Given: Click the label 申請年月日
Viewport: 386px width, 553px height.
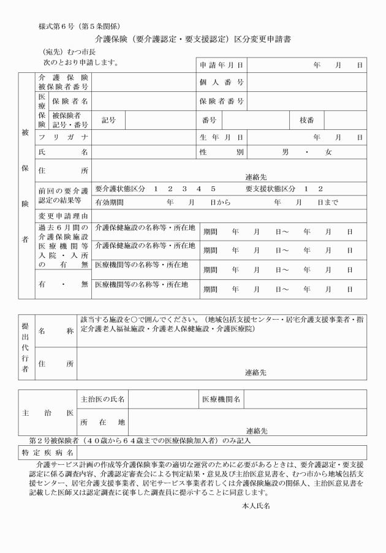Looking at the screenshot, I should click(x=222, y=64).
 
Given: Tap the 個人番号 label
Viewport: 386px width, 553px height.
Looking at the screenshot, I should click(x=222, y=82).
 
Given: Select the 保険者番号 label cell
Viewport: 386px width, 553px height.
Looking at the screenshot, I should click(x=222, y=100).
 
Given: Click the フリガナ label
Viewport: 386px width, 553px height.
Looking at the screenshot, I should click(x=63, y=137).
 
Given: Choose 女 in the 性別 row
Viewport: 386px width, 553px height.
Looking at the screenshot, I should click(x=328, y=152).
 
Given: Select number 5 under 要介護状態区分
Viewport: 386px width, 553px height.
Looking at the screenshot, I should click(x=213, y=189).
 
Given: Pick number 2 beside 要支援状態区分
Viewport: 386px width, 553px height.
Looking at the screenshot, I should click(x=320, y=189).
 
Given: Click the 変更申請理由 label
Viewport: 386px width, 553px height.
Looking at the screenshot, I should click(x=63, y=216).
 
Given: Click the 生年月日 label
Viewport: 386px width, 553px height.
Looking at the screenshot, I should click(x=222, y=137).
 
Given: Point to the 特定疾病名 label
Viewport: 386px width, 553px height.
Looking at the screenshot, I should click(x=46, y=452).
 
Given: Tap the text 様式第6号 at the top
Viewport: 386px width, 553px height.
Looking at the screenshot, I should click(x=60, y=26).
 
